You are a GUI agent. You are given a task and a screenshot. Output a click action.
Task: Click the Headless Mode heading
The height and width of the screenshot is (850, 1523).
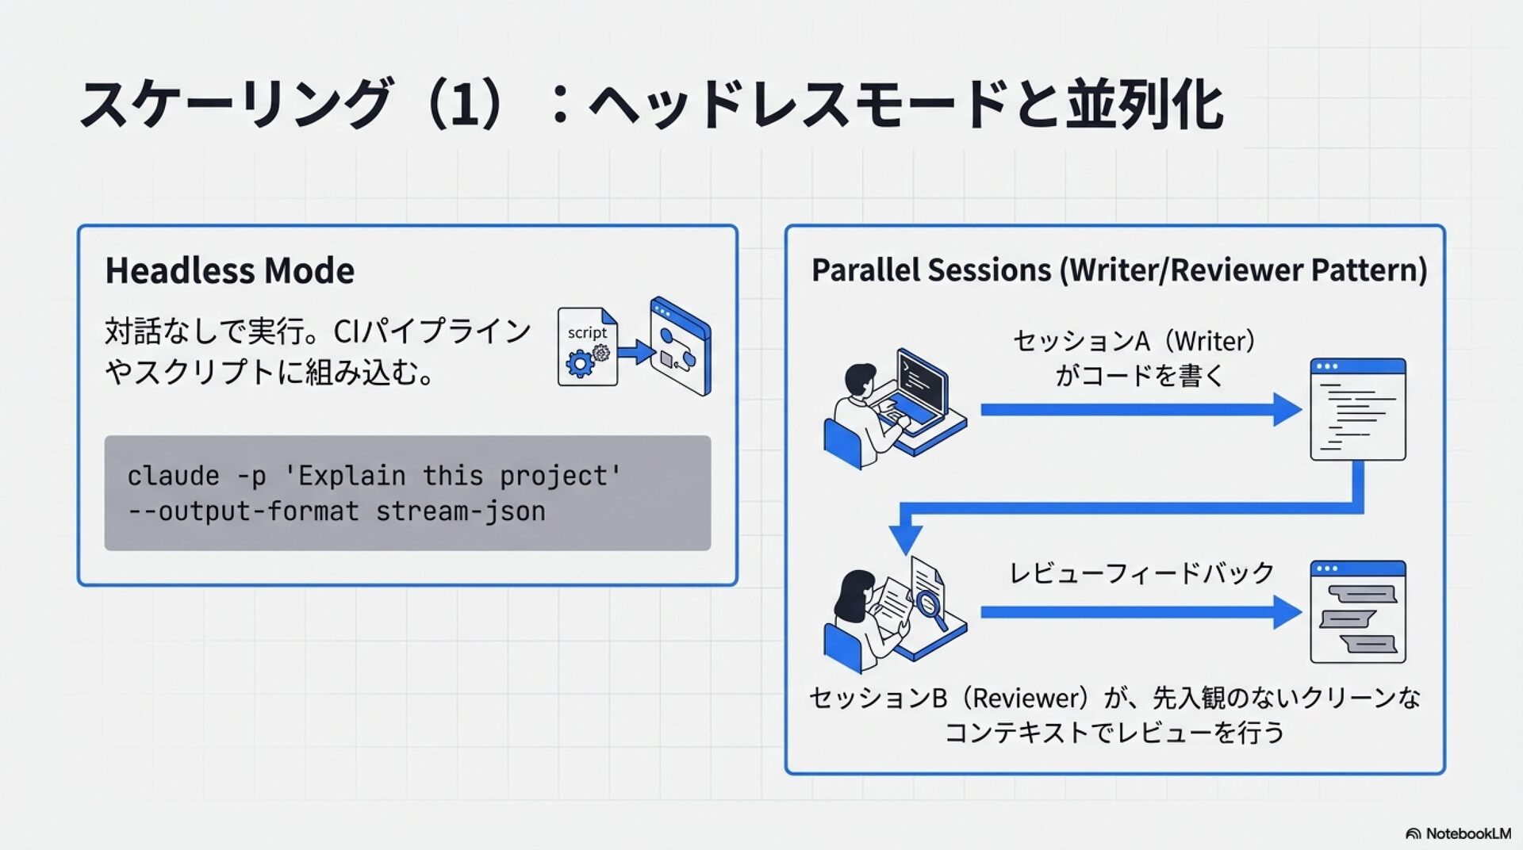(229, 270)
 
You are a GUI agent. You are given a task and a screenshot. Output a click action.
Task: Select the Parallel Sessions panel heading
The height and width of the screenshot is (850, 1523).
(1118, 270)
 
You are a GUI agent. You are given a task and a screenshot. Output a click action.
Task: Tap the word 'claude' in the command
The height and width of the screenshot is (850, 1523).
(173, 476)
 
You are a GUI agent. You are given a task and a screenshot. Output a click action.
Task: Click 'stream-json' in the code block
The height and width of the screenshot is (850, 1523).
(460, 511)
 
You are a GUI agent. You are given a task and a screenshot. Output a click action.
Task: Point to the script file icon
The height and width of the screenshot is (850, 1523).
(587, 347)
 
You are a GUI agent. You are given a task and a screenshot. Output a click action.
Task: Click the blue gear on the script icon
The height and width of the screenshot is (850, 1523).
(580, 364)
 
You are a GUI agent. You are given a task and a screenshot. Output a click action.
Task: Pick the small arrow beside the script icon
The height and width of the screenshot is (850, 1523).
(635, 351)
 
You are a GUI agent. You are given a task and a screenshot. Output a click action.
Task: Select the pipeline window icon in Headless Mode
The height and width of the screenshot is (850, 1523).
(681, 347)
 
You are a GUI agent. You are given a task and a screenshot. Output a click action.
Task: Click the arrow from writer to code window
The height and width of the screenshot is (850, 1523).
(1140, 410)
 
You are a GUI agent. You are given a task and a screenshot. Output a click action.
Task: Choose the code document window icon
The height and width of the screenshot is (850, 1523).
(1357, 410)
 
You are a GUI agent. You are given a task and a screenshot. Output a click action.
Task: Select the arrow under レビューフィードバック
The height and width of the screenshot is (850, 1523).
(1140, 612)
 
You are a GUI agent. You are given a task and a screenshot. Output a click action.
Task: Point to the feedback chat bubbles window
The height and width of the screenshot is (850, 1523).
(1357, 612)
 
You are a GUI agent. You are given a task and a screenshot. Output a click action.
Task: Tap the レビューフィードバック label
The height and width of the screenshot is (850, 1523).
(1141, 572)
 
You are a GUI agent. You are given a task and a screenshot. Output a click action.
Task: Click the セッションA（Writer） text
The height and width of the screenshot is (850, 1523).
(1134, 341)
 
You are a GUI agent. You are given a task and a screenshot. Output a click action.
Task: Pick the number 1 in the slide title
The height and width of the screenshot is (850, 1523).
(465, 105)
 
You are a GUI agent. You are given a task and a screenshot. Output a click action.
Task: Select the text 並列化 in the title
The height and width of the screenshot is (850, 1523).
(1144, 105)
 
